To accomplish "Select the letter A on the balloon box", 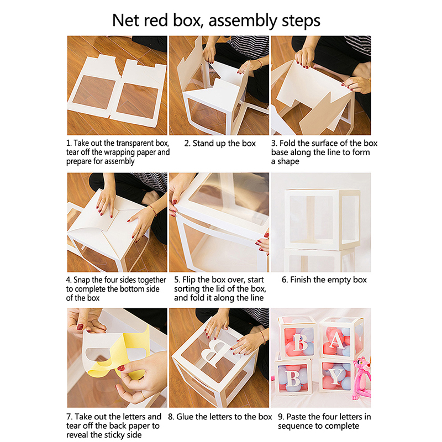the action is click(x=336, y=341).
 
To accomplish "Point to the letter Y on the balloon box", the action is click(x=336, y=376).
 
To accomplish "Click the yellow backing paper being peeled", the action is click(x=118, y=358).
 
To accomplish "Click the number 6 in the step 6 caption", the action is click(x=285, y=280).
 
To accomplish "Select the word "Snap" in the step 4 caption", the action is click(x=82, y=280).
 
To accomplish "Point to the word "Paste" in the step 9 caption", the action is click(x=296, y=417).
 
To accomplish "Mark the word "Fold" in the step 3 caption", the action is click(x=287, y=144).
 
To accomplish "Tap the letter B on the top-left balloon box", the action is click(x=300, y=343).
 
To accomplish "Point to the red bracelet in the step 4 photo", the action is click(x=152, y=210).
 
